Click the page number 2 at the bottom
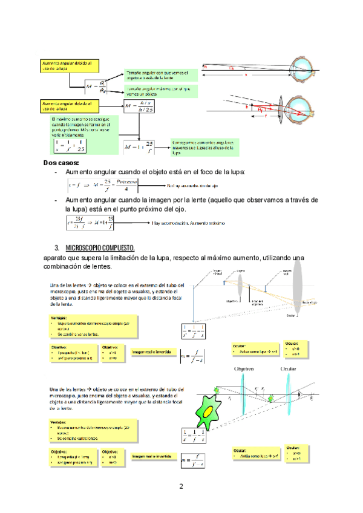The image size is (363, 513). coord(180,486)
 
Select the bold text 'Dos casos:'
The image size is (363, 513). coord(62,163)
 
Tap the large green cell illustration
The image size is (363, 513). coord(208,412)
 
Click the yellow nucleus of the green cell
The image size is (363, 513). coord(208,411)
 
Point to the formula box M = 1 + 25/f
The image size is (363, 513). coord(139,146)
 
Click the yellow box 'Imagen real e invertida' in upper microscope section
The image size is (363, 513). coord(151,352)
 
